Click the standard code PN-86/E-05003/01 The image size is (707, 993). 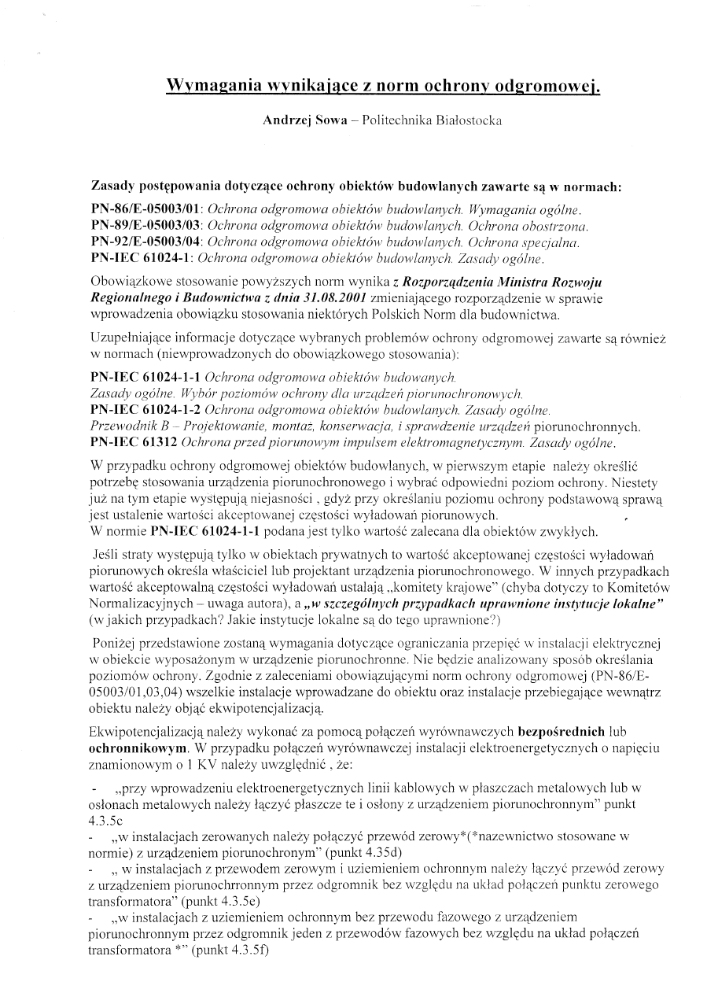[146, 211]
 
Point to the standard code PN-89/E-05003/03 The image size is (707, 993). [146, 227]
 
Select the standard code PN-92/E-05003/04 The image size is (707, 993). [146, 242]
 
